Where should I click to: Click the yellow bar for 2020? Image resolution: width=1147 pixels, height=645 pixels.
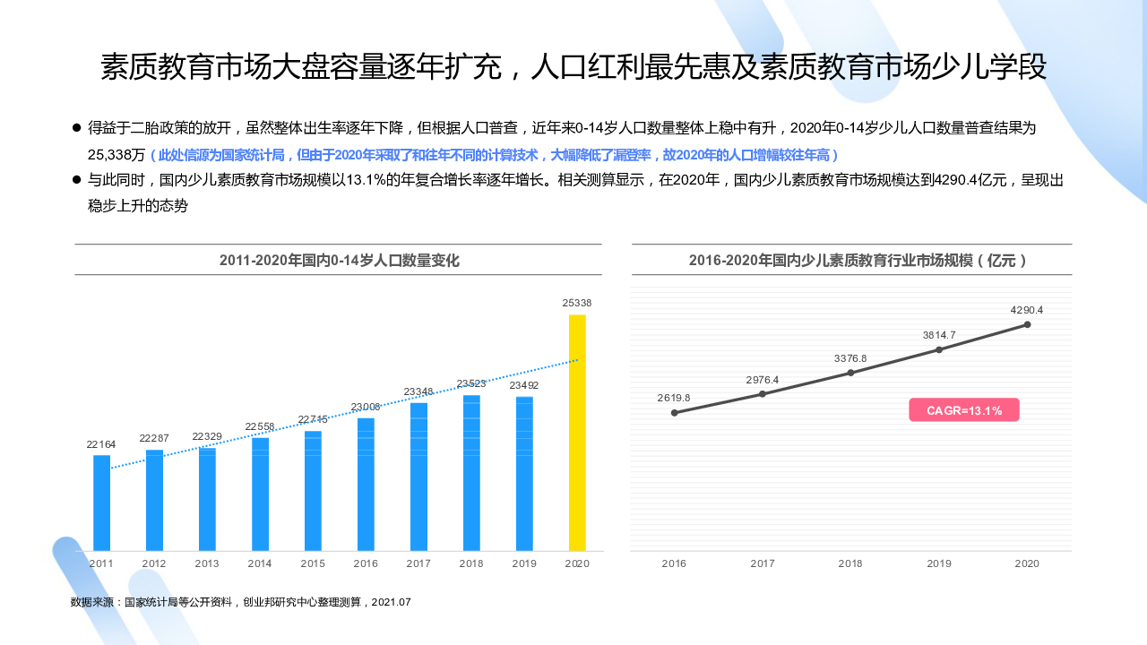point(577,433)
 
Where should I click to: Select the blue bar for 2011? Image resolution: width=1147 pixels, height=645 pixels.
point(101,503)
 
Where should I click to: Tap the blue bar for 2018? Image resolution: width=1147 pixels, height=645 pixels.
point(471,473)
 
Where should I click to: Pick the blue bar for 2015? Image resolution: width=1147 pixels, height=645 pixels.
point(313,491)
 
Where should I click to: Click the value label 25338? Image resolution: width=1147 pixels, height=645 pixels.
point(577,303)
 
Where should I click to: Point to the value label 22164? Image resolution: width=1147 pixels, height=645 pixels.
point(101,444)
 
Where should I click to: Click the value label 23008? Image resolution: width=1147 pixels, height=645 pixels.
point(366,407)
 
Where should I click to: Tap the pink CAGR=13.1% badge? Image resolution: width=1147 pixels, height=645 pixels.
point(964,410)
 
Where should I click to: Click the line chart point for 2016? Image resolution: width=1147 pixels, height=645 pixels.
point(675,413)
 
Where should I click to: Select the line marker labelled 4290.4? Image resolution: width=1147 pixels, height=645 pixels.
point(1027,324)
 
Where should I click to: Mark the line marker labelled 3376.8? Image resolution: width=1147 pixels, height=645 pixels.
point(850,373)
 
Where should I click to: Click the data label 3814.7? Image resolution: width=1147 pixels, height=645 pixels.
point(939,335)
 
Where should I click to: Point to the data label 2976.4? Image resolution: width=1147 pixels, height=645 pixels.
point(763,380)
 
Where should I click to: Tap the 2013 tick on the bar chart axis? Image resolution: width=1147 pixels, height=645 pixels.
point(207,563)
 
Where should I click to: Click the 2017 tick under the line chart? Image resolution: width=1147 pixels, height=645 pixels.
point(763,563)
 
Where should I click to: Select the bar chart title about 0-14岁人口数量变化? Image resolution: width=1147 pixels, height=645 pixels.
point(339,261)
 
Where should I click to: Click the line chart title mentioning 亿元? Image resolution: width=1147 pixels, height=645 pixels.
point(858,261)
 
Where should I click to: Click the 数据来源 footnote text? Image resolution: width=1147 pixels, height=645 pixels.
point(240,602)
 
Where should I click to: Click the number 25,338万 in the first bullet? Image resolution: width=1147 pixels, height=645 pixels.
point(116,154)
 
